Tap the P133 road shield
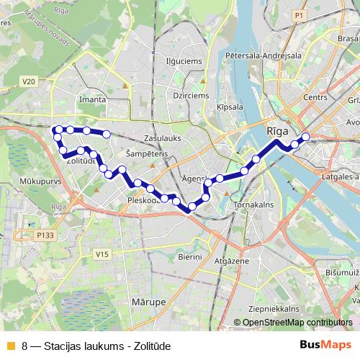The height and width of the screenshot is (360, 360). (x=45, y=235)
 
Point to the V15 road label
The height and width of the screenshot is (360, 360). (x=102, y=254)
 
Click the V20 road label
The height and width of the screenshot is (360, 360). (x=29, y=82)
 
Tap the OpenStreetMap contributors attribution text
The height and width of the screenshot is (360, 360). (x=297, y=323)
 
